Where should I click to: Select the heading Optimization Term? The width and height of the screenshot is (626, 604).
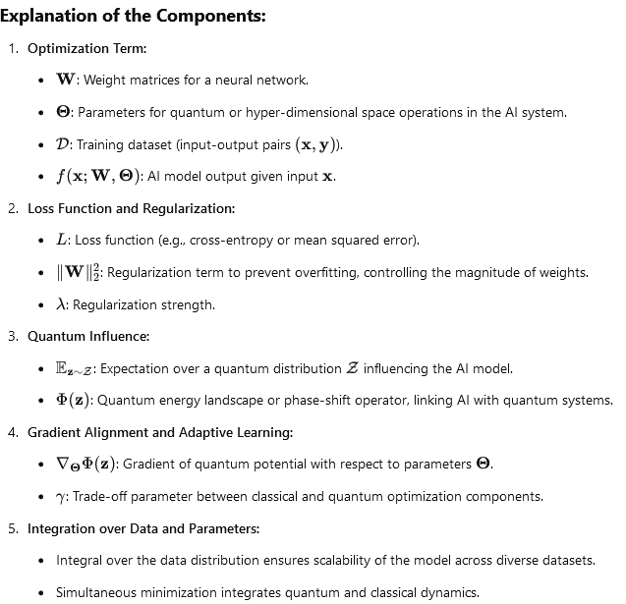(x=87, y=48)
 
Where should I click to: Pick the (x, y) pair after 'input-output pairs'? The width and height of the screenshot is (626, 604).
(x=319, y=144)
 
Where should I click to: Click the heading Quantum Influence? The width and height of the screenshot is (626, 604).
(x=88, y=336)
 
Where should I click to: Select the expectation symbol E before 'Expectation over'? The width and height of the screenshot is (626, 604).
(x=65, y=368)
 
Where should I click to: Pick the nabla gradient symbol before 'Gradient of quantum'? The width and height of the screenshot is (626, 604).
(x=64, y=464)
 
